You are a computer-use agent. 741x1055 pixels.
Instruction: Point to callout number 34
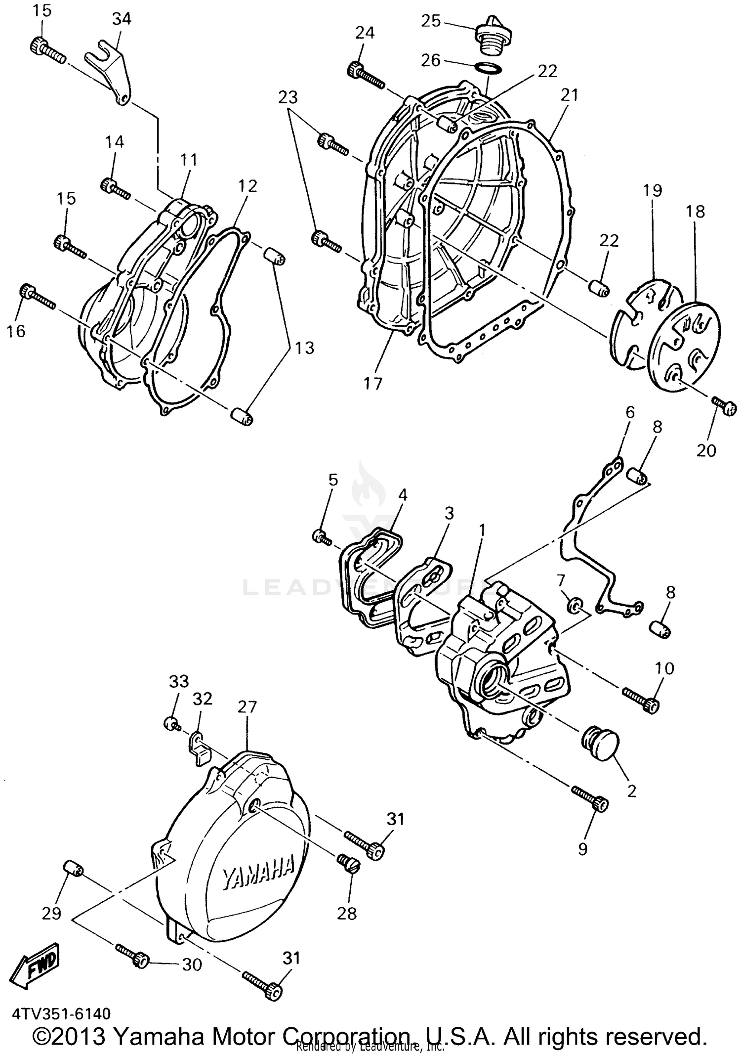coord(122,19)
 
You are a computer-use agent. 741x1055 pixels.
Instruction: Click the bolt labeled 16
coord(37,298)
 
